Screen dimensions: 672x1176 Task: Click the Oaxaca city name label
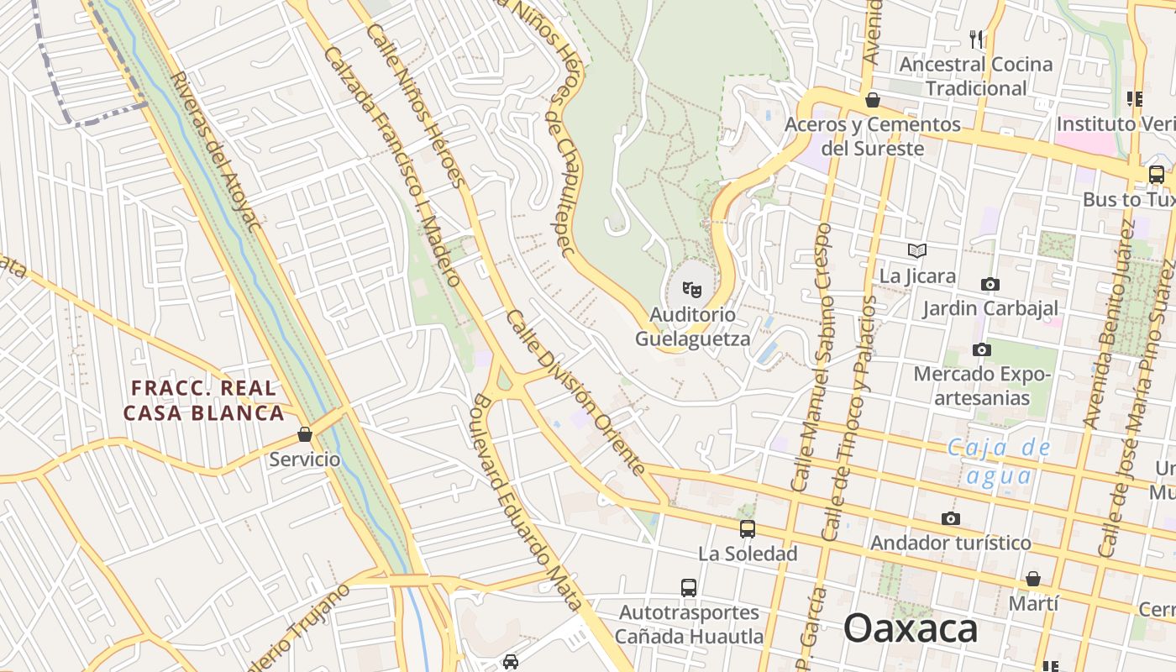pyautogui.click(x=911, y=628)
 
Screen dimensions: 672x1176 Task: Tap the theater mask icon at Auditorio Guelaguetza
pyautogui.click(x=692, y=290)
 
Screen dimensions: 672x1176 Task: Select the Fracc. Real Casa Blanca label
pyautogui.click(x=203, y=400)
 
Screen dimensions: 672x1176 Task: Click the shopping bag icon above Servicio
pyautogui.click(x=305, y=434)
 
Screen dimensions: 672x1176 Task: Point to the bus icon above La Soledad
pyautogui.click(x=747, y=529)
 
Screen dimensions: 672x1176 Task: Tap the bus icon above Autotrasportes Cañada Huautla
pyautogui.click(x=689, y=587)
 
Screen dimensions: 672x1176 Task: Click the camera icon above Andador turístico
pyautogui.click(x=950, y=518)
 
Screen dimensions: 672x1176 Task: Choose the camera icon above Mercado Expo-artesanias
pyautogui.click(x=980, y=349)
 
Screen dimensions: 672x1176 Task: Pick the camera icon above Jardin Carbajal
pyautogui.click(x=990, y=284)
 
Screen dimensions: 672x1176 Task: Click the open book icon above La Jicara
pyautogui.click(x=917, y=250)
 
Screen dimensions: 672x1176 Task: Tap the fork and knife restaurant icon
pyautogui.click(x=976, y=39)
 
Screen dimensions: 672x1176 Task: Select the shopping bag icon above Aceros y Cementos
pyautogui.click(x=873, y=100)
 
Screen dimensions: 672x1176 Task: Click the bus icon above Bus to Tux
pyautogui.click(x=1157, y=175)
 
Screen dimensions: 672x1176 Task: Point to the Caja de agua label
pyautogui.click(x=1000, y=461)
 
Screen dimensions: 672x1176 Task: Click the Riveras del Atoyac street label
pyautogui.click(x=216, y=151)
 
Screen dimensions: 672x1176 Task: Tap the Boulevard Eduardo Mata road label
pyautogui.click(x=527, y=501)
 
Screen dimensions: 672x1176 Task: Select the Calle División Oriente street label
pyautogui.click(x=575, y=392)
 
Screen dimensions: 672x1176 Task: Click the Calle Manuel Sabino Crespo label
pyautogui.click(x=811, y=356)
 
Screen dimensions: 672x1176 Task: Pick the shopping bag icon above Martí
pyautogui.click(x=1033, y=579)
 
